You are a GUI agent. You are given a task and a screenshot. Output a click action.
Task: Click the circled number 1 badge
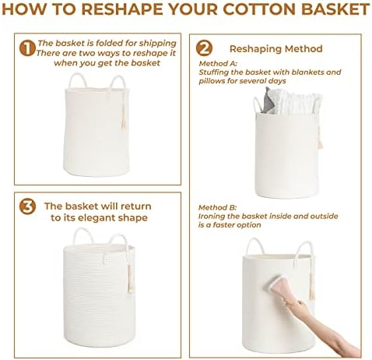27,48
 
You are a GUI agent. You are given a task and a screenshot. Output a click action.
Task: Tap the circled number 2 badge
204,48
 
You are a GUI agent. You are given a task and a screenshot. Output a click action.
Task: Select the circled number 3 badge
27,206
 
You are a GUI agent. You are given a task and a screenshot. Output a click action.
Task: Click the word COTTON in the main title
259,9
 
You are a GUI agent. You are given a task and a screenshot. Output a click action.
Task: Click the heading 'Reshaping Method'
276,49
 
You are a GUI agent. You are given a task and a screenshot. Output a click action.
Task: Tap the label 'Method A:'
218,63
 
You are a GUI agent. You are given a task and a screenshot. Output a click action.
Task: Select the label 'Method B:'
217,207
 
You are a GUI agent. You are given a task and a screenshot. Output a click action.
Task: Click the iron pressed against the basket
282,290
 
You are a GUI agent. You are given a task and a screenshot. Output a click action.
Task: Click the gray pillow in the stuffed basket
268,101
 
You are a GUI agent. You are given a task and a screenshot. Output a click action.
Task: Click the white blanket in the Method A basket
296,103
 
